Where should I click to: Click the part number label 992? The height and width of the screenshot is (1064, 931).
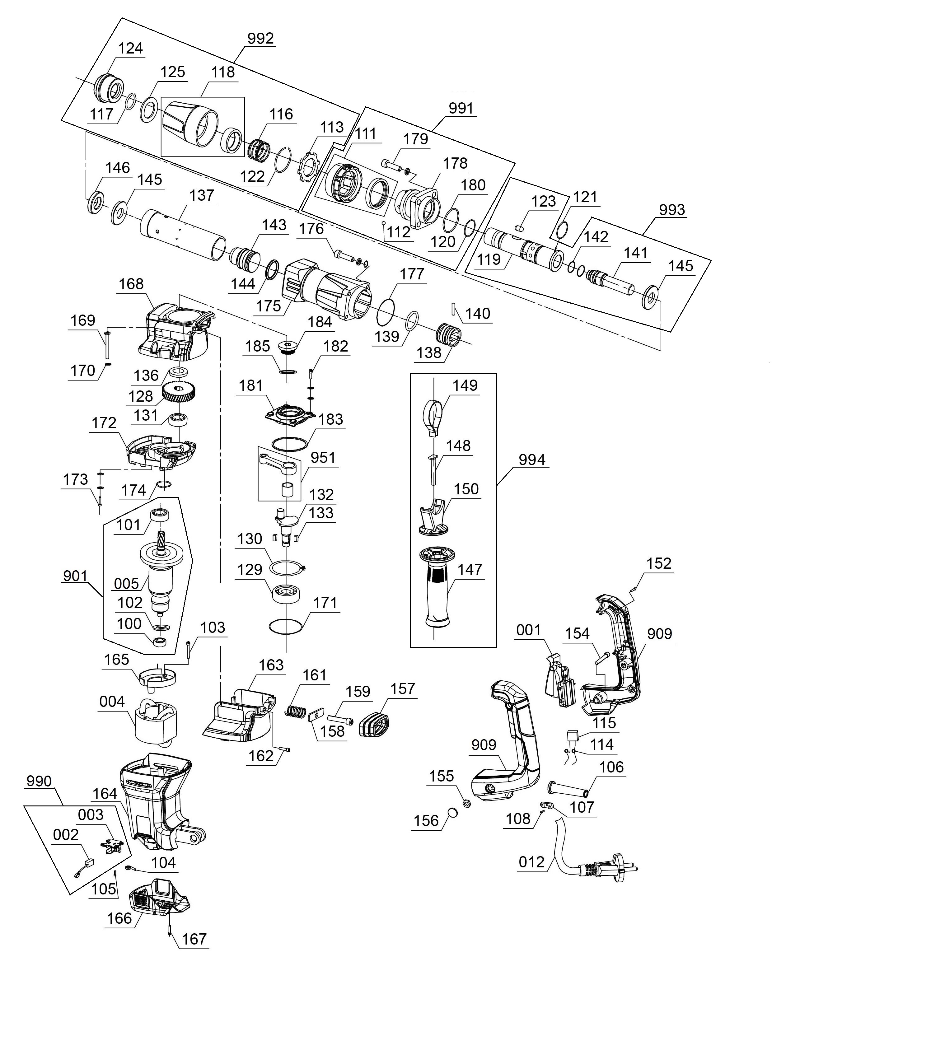click(x=260, y=39)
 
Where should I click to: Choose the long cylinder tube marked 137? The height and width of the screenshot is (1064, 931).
click(x=183, y=235)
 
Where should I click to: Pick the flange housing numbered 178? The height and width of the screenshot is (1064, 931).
click(x=419, y=208)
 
